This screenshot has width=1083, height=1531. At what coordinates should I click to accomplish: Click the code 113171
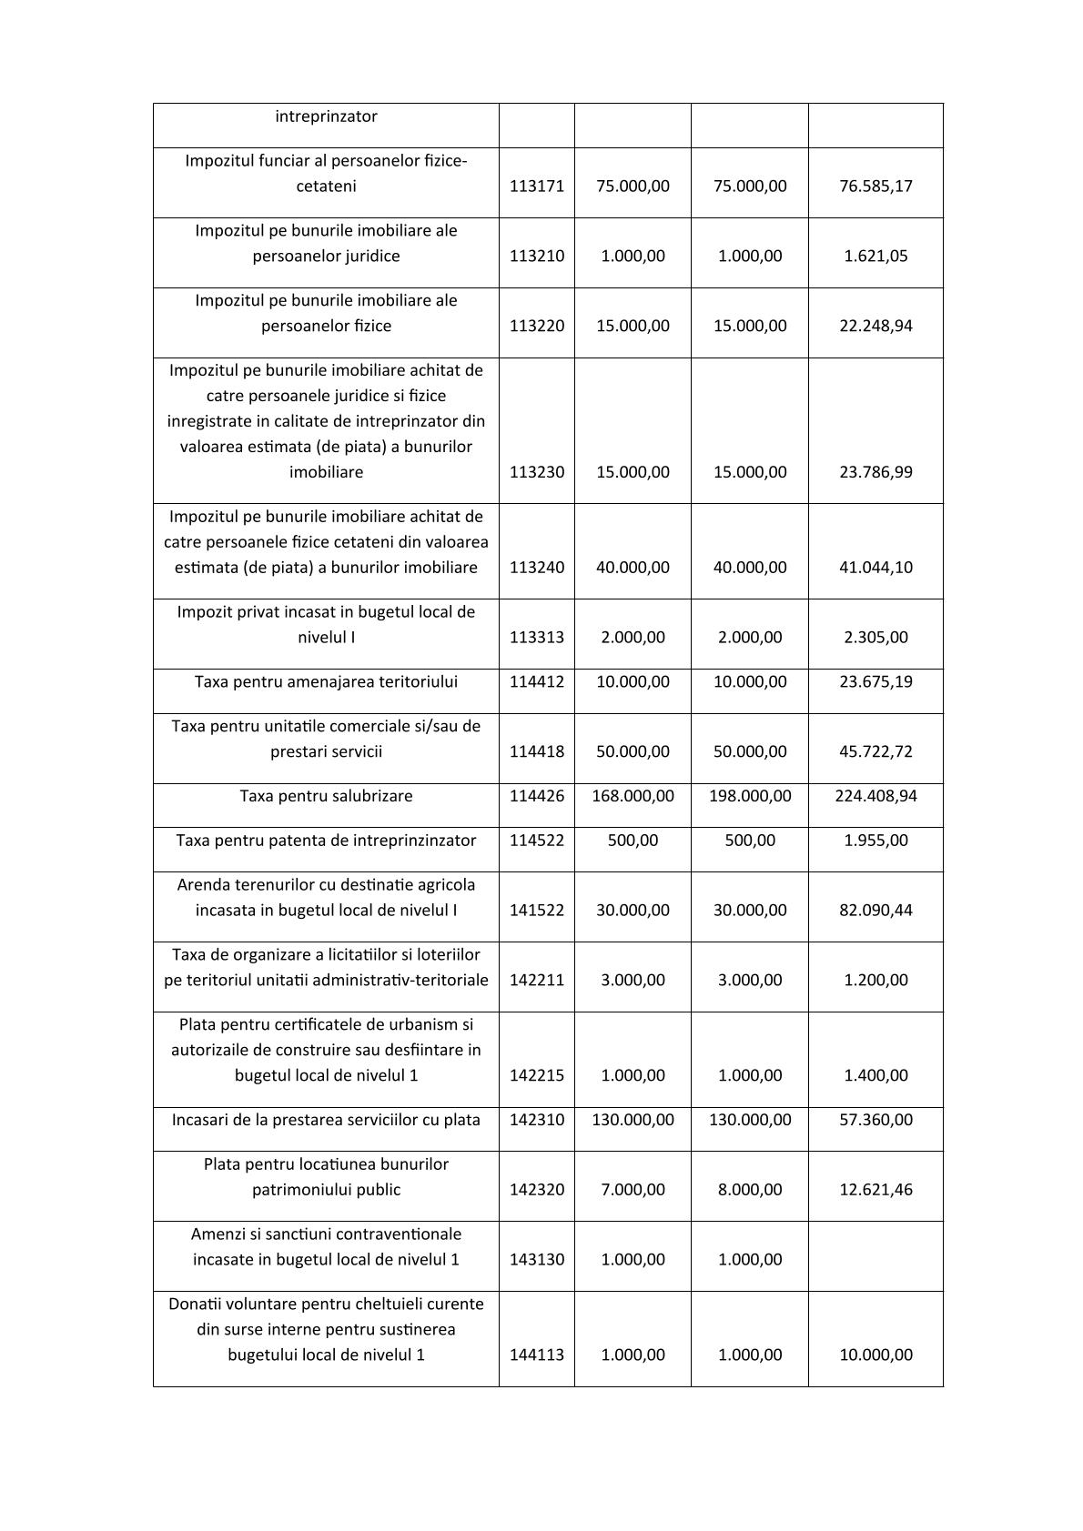click(x=536, y=186)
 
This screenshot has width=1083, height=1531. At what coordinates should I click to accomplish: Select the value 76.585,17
click(x=876, y=186)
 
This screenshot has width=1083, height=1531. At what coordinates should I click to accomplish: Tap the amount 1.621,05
click(x=876, y=256)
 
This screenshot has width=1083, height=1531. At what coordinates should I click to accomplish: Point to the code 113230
click(x=536, y=472)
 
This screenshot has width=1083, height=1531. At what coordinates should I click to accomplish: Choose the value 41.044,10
click(x=876, y=567)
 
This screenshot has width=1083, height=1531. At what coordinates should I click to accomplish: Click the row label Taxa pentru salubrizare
click(x=326, y=796)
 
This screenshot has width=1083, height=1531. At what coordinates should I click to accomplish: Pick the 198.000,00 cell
click(x=750, y=796)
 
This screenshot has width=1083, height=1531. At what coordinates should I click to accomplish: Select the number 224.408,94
click(x=876, y=796)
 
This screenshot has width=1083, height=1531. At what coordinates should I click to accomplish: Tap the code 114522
click(x=536, y=841)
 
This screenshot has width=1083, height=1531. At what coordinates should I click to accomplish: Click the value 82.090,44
click(x=876, y=910)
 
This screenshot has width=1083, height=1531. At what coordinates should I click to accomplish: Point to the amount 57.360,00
click(x=876, y=1120)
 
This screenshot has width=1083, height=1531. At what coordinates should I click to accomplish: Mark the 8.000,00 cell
click(x=750, y=1190)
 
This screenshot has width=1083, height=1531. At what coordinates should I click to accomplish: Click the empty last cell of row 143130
click(x=876, y=1256)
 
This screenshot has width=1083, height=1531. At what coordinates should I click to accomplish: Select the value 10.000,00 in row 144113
click(x=876, y=1355)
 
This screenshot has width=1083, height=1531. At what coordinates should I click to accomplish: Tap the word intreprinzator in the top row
click(x=326, y=116)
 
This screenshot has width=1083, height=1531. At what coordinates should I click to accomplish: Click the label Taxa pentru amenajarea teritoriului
click(x=326, y=682)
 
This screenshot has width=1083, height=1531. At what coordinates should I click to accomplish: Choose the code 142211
click(x=536, y=980)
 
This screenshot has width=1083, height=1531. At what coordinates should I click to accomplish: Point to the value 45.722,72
click(x=876, y=751)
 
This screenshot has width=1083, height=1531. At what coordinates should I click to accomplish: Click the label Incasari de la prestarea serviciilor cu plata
click(x=326, y=1120)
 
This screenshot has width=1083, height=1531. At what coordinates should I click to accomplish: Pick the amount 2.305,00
click(x=876, y=637)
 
